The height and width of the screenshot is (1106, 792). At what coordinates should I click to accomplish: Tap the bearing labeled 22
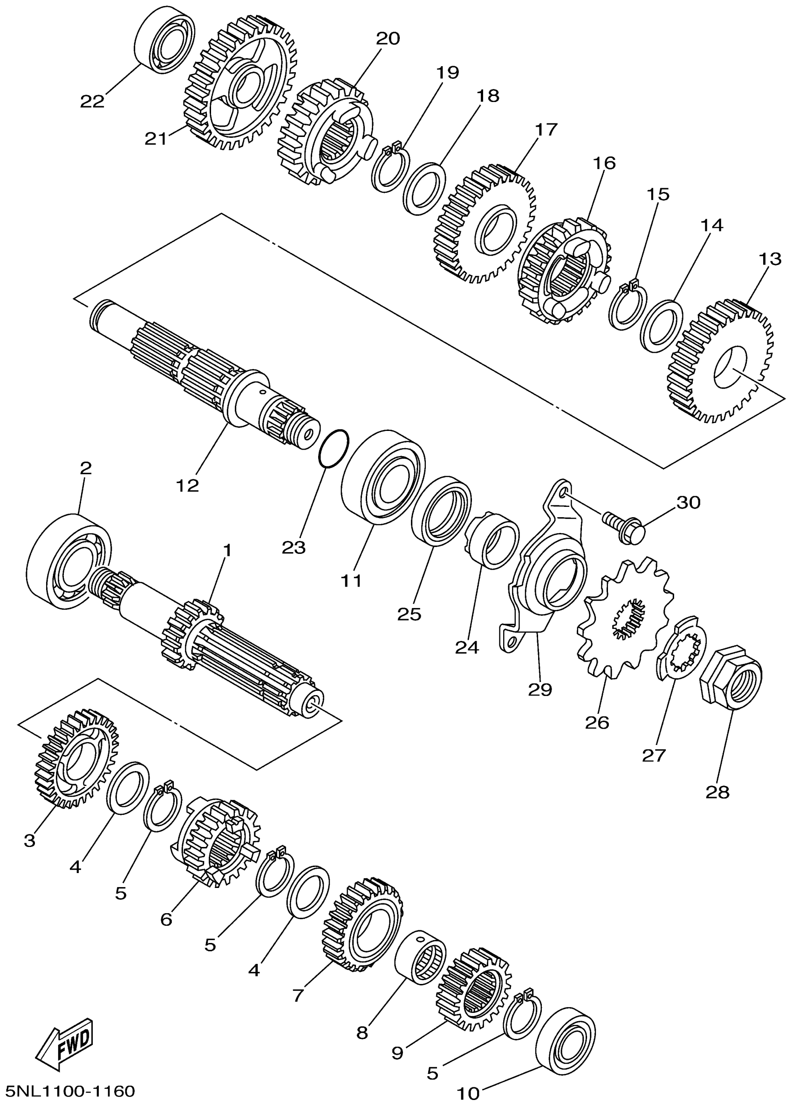point(164,40)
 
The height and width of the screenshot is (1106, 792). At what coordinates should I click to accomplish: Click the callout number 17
point(546,130)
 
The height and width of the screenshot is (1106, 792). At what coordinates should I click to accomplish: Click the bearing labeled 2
point(67,561)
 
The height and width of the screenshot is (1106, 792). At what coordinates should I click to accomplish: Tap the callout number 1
point(226,551)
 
